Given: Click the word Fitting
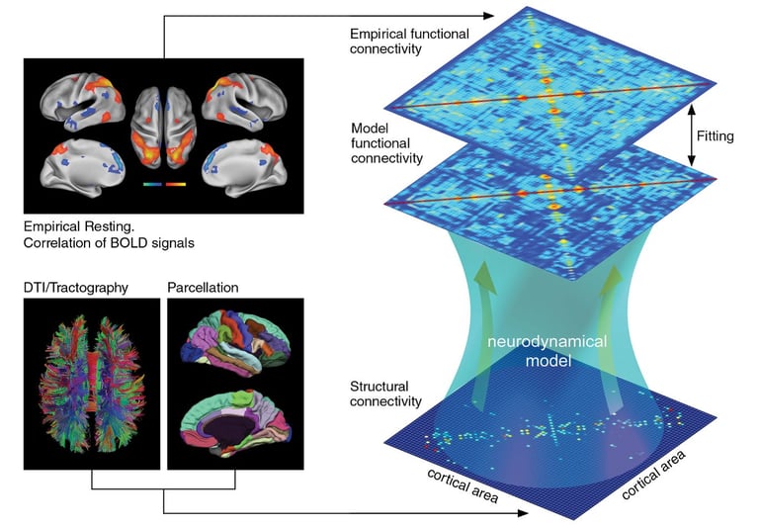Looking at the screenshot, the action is (x=714, y=135).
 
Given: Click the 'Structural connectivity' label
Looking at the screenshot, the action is (x=384, y=394).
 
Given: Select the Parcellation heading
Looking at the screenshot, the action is (x=204, y=289).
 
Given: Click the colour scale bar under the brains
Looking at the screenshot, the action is (x=165, y=184).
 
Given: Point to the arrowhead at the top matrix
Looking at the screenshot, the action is (x=487, y=16).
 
